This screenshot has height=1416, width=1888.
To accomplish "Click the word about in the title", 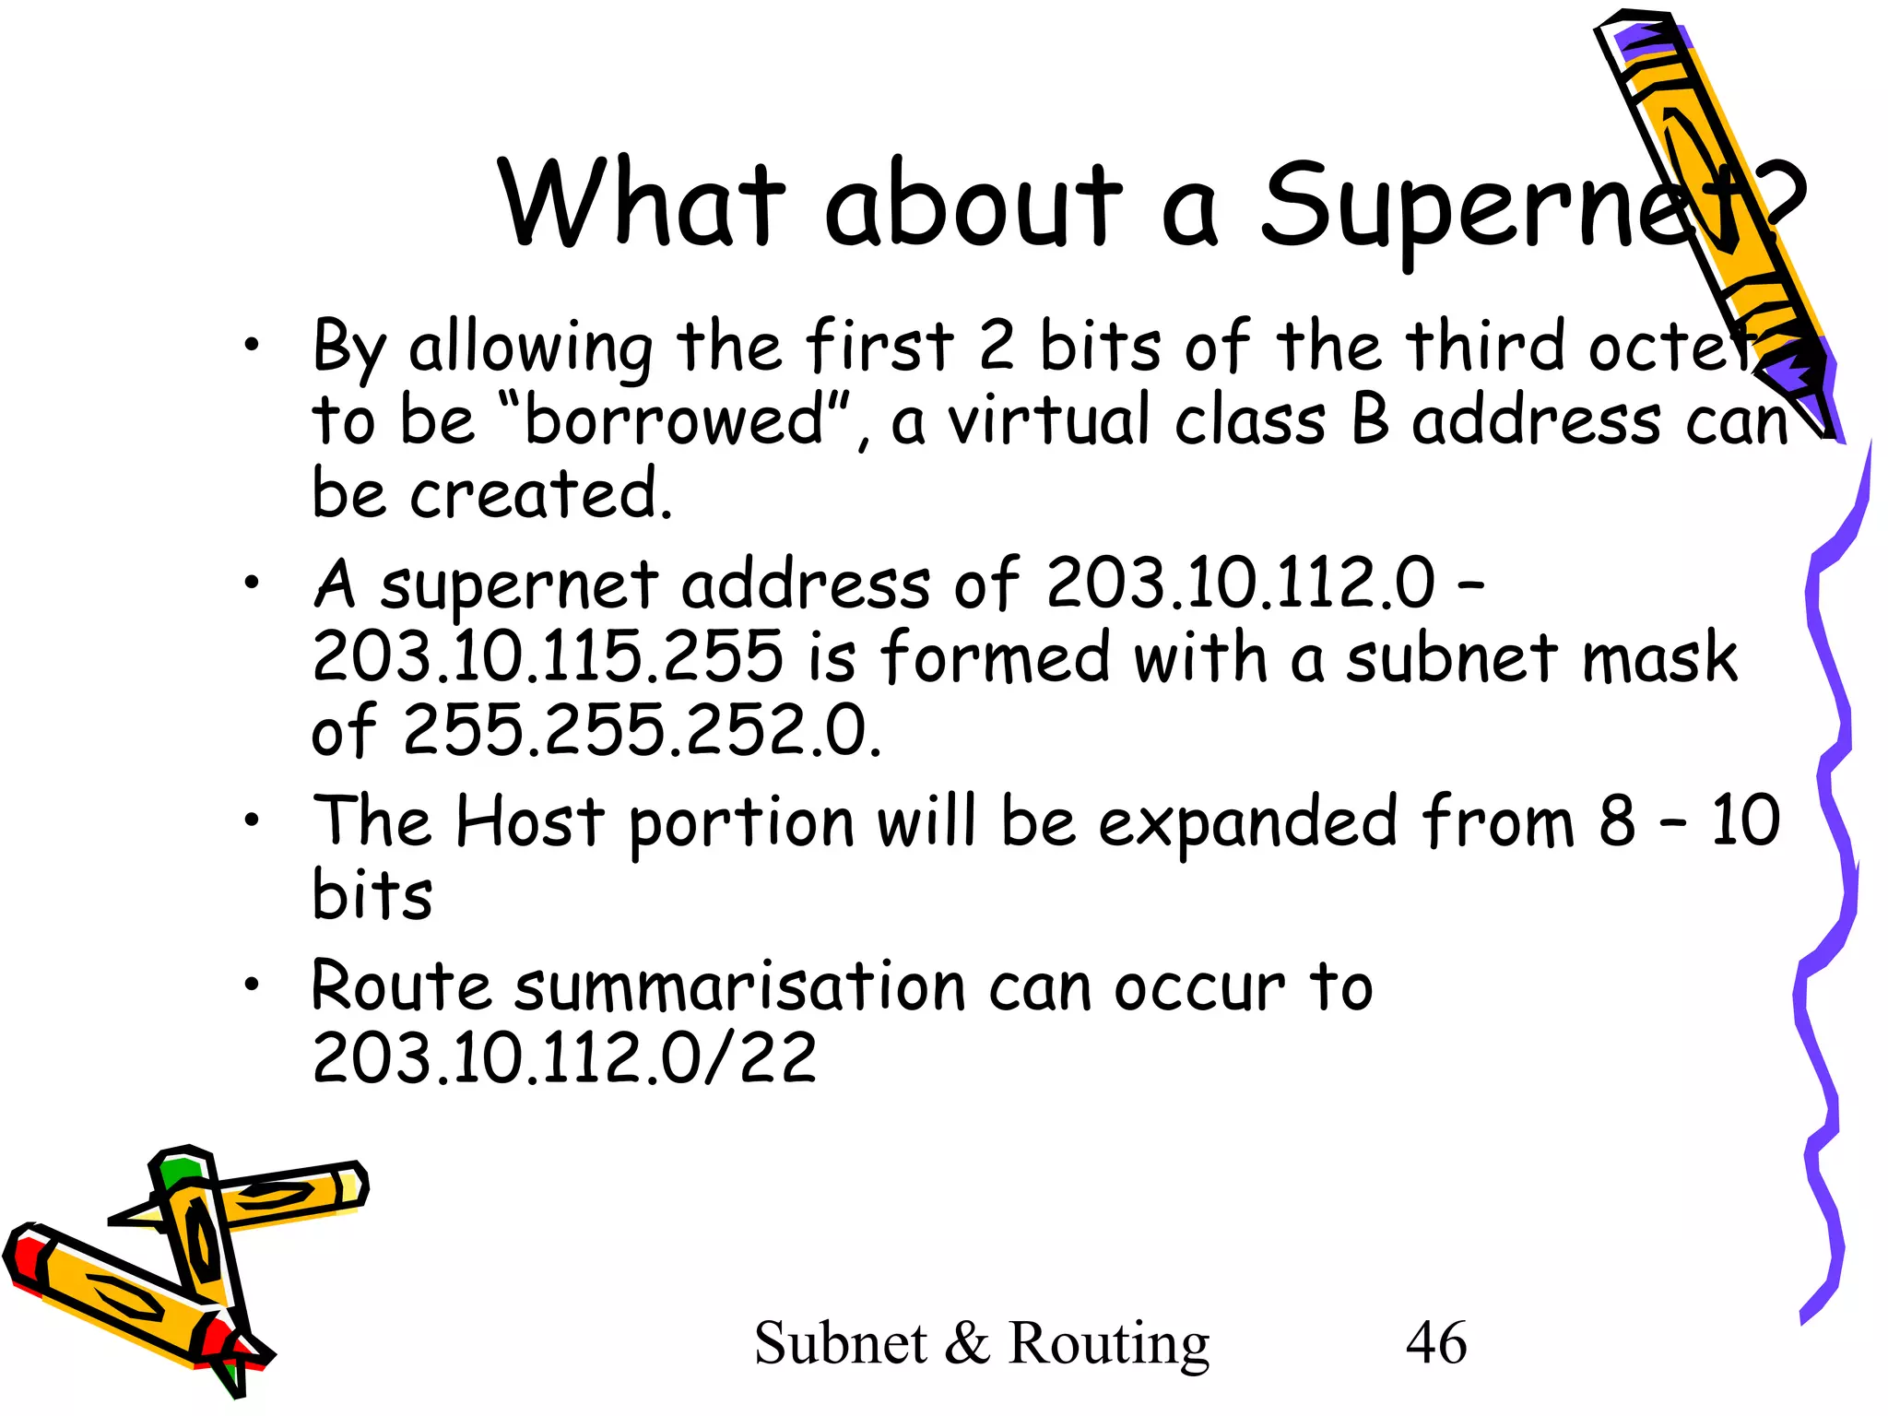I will [x=973, y=205].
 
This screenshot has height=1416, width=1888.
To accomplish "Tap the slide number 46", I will [x=1435, y=1342].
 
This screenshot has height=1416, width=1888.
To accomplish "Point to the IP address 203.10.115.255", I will [x=548, y=656].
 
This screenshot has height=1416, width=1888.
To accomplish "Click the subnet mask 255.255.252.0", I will [x=642, y=730].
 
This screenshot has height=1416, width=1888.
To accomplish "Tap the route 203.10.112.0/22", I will [x=564, y=1057].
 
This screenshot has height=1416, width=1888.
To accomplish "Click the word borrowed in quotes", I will [x=673, y=419].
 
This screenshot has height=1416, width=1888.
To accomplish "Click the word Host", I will [x=530, y=820].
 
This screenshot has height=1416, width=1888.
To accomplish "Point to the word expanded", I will [x=1248, y=820].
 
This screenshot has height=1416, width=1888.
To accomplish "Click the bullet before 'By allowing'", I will [x=252, y=347].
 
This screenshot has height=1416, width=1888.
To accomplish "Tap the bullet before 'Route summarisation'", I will [x=252, y=985].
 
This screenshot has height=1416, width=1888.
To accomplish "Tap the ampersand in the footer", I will [x=967, y=1343].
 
